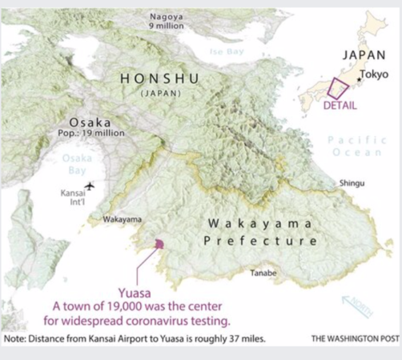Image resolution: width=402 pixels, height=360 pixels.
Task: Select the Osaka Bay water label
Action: [78, 166]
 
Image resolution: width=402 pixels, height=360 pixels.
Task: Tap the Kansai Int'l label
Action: [73, 198]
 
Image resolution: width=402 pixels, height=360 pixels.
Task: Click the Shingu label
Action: [352, 183]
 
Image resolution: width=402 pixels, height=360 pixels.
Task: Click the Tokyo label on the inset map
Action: [374, 74]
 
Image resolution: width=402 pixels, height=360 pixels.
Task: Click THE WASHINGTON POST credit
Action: [355, 338]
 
